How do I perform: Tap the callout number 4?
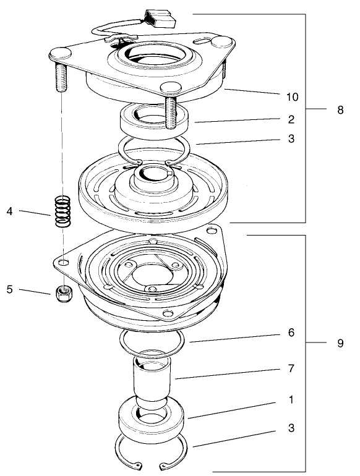coord(9,211)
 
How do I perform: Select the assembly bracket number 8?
coord(340,110)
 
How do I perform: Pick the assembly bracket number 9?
coord(340,343)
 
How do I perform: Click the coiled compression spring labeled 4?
coord(63,211)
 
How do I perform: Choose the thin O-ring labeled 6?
coord(152,341)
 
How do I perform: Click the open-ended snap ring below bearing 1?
coord(152,457)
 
